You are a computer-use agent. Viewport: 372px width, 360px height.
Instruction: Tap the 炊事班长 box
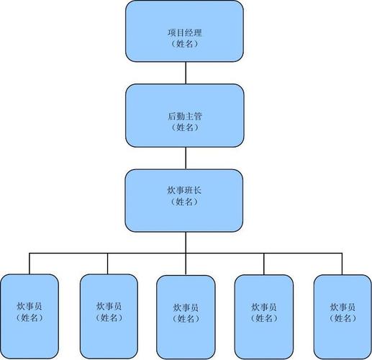[x=185, y=200]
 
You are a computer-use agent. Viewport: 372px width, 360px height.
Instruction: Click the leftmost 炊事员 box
[x=30, y=310]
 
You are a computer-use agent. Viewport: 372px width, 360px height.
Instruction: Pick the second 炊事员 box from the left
[x=108, y=310]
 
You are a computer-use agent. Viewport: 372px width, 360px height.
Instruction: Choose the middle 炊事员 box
[x=186, y=311]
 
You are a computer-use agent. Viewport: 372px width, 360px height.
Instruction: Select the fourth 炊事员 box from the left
[x=264, y=311]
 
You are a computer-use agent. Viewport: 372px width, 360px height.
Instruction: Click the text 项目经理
[x=185, y=33]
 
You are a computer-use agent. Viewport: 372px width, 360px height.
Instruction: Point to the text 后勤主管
[x=185, y=116]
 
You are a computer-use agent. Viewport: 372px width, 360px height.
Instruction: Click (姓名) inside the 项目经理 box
[x=185, y=44]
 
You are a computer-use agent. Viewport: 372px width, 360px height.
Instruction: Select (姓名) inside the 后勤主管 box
[x=185, y=127]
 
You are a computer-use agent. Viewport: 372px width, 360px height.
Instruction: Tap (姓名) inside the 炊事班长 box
[x=185, y=202]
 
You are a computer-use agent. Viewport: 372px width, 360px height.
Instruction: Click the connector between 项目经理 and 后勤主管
[x=186, y=73]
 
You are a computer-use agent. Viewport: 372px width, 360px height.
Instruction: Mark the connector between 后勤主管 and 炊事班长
[x=186, y=158]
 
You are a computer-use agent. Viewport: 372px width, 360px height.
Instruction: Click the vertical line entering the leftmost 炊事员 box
[x=30, y=263]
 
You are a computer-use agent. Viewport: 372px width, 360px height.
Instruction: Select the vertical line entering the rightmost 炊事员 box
[x=342, y=264]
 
